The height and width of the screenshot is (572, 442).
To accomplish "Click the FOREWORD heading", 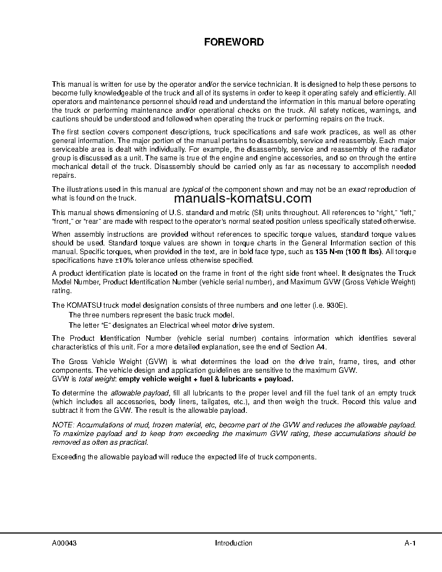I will tap(234, 42).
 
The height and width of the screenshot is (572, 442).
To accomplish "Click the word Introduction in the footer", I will tap(233, 543).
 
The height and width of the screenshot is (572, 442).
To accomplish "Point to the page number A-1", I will tap(409, 543).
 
